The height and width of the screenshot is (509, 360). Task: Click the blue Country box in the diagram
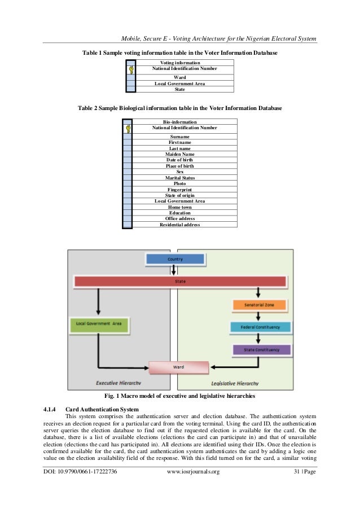click(x=174, y=259)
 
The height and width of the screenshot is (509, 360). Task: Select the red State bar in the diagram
click(x=180, y=280)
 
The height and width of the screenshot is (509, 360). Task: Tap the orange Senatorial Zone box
click(x=260, y=305)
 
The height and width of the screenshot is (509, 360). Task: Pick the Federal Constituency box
click(x=261, y=327)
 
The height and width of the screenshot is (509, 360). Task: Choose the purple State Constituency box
click(x=261, y=350)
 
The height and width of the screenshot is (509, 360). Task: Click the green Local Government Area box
click(x=99, y=324)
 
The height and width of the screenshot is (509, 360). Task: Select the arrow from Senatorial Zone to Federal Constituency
click(x=259, y=316)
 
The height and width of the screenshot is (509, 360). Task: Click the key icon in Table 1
click(x=131, y=70)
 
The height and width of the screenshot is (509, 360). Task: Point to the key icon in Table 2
click(x=129, y=129)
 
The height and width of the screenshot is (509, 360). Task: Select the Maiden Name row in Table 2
click(x=179, y=154)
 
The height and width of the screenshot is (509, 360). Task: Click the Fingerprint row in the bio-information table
click(x=179, y=190)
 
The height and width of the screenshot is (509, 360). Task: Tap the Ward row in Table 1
click(x=179, y=78)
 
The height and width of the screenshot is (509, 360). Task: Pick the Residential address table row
click(x=179, y=225)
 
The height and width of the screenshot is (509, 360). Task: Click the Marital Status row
click(x=179, y=178)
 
